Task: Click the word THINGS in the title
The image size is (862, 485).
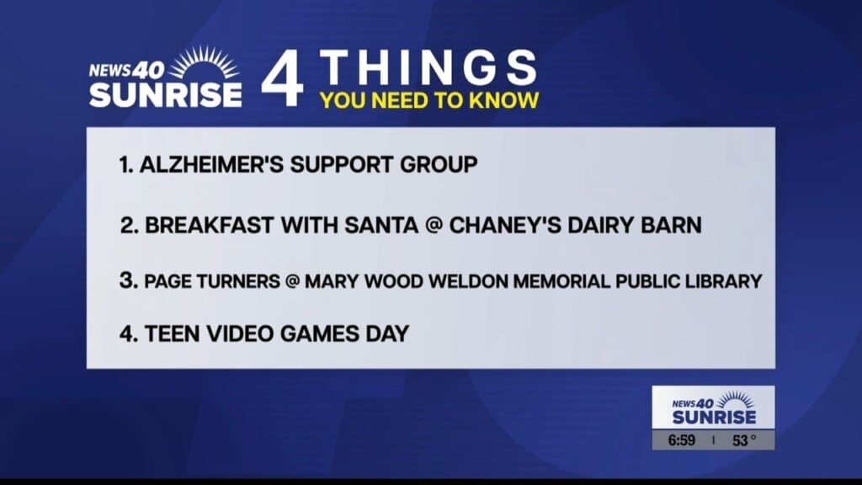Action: click(x=429, y=68)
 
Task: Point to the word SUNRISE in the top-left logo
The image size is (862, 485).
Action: click(x=166, y=93)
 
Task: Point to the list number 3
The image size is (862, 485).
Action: click(x=127, y=280)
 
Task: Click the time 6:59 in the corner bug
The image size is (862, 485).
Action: click(x=681, y=440)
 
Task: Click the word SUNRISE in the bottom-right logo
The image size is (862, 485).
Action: click(x=714, y=417)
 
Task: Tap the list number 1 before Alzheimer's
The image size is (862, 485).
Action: click(x=125, y=164)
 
